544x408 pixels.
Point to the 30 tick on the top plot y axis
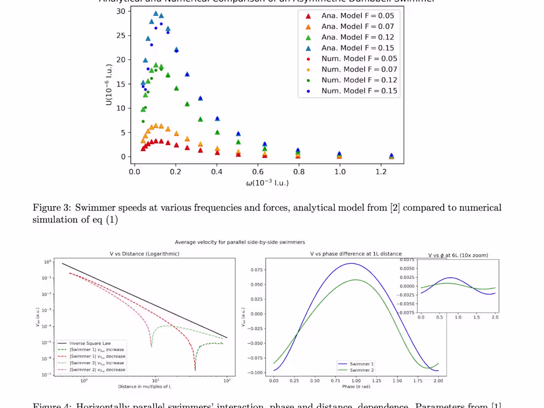click(x=120, y=11)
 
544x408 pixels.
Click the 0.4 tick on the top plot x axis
click(x=217, y=172)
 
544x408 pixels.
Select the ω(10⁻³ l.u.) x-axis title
click(x=267, y=182)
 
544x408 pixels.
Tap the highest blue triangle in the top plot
click(x=156, y=13)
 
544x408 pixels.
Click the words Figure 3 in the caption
click(x=49, y=208)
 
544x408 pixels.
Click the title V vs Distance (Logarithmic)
click(x=144, y=254)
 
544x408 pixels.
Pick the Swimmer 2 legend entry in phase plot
click(x=362, y=370)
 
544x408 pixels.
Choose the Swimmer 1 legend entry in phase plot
click(x=362, y=364)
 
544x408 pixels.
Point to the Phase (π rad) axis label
click(x=356, y=386)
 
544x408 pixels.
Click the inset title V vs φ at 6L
click(x=458, y=255)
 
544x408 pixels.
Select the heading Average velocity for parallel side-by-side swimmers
click(x=240, y=242)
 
